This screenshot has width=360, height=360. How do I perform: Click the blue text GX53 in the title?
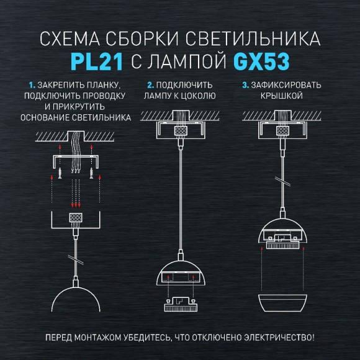point(261,62)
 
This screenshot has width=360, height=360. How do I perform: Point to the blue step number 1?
point(31,85)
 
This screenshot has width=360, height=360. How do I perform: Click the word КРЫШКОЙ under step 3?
point(282,96)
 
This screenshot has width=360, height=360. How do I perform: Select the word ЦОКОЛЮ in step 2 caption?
point(197,96)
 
